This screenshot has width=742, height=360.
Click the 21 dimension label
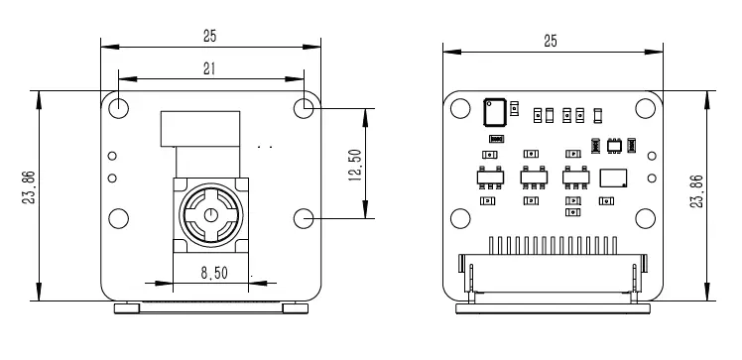tap(209, 67)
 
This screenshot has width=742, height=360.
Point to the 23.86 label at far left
tap(29, 188)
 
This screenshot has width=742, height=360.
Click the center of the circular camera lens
tap(210, 214)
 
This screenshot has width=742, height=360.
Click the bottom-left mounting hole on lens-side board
tap(118, 217)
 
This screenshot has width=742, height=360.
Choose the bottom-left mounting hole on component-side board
tap(460, 217)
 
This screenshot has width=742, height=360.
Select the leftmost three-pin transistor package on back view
tap(487, 178)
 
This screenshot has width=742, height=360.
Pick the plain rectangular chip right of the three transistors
tap(614, 178)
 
